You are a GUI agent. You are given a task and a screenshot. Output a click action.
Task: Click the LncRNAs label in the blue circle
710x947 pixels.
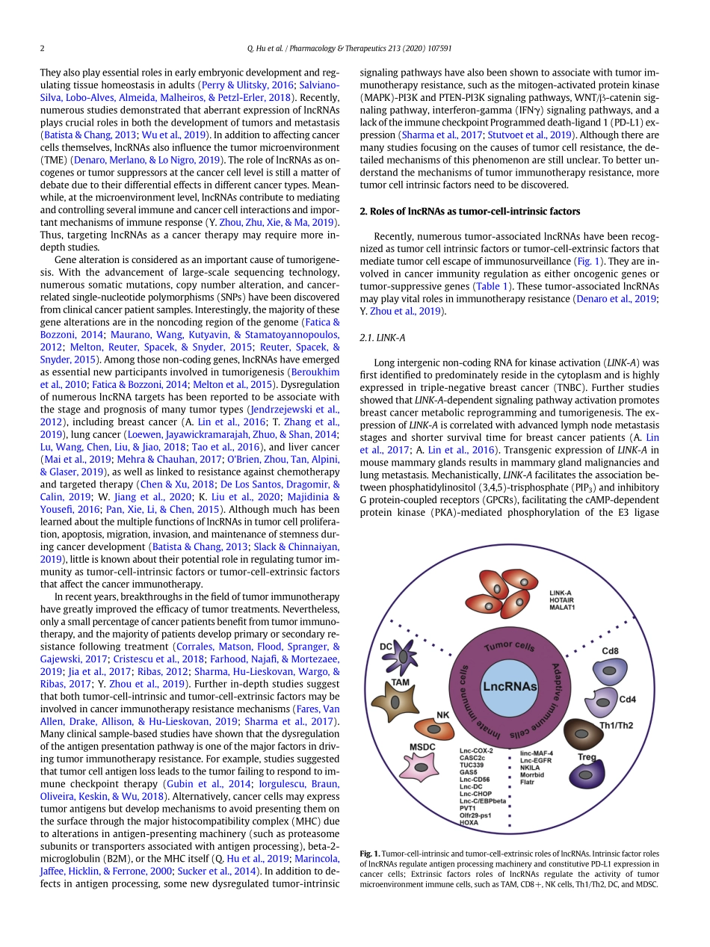click(510, 686)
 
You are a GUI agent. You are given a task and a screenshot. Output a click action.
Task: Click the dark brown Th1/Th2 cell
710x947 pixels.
click(581, 733)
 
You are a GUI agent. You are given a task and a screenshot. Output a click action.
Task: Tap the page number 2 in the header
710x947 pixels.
click(42, 49)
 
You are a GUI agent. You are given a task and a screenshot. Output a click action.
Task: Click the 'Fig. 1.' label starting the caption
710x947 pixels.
click(370, 853)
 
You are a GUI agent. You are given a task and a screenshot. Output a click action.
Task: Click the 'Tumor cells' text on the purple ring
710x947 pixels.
click(509, 645)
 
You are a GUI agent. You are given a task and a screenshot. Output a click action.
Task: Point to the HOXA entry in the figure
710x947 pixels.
click(469, 822)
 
